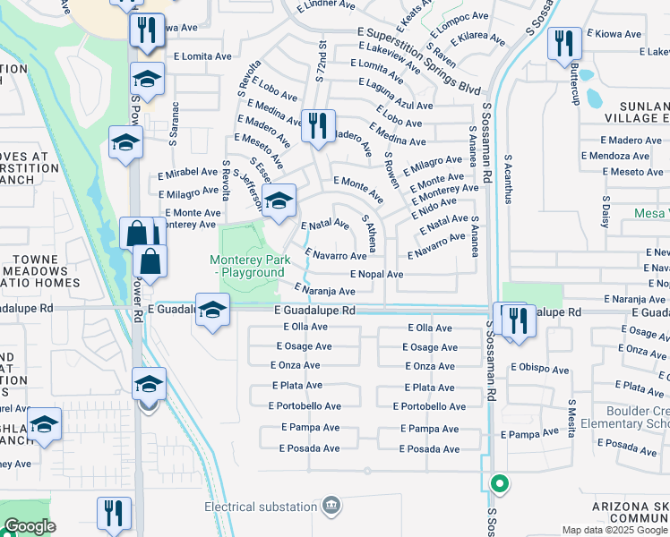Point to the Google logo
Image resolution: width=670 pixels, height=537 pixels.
tap(29, 527)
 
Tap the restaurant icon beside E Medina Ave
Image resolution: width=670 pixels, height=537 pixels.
tap(317, 126)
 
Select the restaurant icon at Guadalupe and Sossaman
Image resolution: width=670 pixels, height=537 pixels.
tap(513, 320)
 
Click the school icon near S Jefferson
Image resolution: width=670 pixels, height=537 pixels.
tap(279, 201)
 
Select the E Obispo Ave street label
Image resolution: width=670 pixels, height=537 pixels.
tap(540, 369)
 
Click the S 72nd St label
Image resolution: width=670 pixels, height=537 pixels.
tap(321, 58)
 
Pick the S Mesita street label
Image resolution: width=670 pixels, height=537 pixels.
tap(571, 417)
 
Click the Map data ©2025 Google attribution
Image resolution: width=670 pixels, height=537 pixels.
tap(614, 530)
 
